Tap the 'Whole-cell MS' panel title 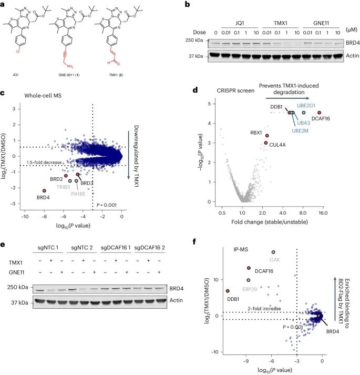[x=41, y=95]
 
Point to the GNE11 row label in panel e [x=16, y=271]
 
